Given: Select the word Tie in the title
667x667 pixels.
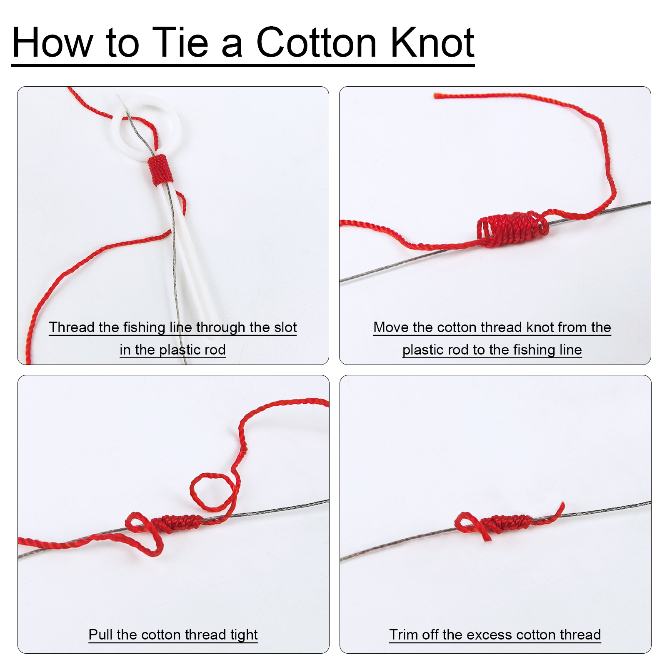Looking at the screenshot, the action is coord(180,42).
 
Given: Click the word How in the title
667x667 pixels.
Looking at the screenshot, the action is coord(52,42).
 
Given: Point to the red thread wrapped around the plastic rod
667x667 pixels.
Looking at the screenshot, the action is coord(160,170).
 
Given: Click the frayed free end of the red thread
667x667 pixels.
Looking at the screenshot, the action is coord(436,96).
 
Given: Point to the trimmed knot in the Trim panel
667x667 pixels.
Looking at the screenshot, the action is coord(507,523).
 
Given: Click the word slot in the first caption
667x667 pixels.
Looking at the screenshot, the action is coord(285,327).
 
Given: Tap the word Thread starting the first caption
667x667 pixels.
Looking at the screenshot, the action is coord(72,327).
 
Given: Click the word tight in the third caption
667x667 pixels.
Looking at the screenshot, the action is coord(244,635).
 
